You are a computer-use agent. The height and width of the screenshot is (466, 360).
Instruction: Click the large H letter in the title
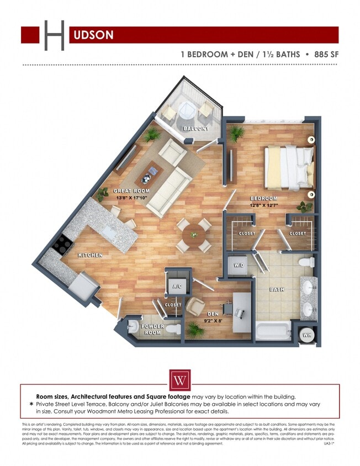point(54,34)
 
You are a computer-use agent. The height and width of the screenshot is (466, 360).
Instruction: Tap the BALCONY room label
point(196,129)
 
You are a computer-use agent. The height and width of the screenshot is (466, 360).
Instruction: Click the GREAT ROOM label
point(131,191)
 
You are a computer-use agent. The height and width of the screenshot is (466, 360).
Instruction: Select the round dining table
point(194,235)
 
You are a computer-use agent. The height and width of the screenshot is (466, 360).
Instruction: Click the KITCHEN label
point(91,255)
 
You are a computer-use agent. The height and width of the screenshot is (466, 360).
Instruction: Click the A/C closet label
point(178,286)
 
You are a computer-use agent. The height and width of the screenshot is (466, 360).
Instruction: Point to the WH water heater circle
point(306,335)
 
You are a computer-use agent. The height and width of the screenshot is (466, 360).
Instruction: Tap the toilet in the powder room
point(173,330)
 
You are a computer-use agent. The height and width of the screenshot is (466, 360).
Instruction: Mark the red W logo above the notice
point(179,380)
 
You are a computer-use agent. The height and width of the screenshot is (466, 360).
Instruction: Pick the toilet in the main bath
point(307,262)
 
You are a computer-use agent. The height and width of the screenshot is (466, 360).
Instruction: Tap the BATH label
point(276,289)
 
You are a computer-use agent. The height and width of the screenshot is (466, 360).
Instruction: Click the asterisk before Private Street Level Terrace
point(31,405)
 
